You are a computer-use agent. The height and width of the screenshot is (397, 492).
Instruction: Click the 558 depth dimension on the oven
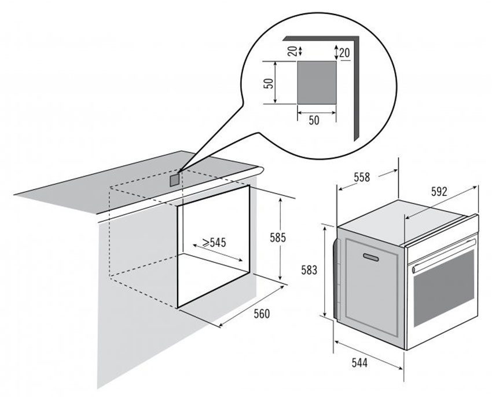click(362, 177)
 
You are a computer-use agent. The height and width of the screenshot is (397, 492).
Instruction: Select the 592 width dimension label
click(439, 192)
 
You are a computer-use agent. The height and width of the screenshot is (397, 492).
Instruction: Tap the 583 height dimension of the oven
click(309, 270)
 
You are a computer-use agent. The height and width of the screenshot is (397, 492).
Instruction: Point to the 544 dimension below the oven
click(359, 363)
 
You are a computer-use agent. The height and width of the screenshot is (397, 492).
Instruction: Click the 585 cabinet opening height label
click(278, 238)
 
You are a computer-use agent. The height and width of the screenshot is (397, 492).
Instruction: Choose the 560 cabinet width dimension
click(262, 314)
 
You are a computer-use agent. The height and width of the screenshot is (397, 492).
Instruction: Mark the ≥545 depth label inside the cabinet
click(214, 242)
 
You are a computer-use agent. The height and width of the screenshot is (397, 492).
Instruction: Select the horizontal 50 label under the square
click(314, 120)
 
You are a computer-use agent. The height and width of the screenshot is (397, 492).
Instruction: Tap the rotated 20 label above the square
click(292, 51)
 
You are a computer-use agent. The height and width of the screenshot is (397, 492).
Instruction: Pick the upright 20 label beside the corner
click(344, 53)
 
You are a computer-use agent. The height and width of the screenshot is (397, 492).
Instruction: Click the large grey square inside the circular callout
click(317, 83)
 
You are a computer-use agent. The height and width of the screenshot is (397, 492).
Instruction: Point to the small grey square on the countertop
click(175, 180)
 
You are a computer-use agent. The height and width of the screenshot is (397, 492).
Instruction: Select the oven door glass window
click(444, 288)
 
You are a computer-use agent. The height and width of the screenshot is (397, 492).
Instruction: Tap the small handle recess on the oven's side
click(371, 257)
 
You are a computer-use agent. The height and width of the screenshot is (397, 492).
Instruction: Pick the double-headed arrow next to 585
click(280, 239)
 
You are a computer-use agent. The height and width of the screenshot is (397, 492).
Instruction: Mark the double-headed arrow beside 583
click(325, 271)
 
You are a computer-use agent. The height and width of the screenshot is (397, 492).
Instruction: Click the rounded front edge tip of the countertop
click(261, 171)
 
